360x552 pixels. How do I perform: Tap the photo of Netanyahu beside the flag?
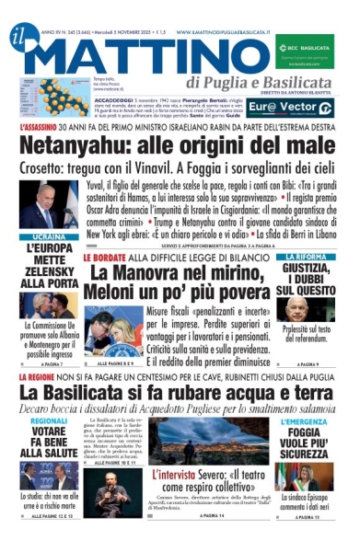(x=38, y=206)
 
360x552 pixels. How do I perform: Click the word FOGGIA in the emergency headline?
(x=308, y=432)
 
